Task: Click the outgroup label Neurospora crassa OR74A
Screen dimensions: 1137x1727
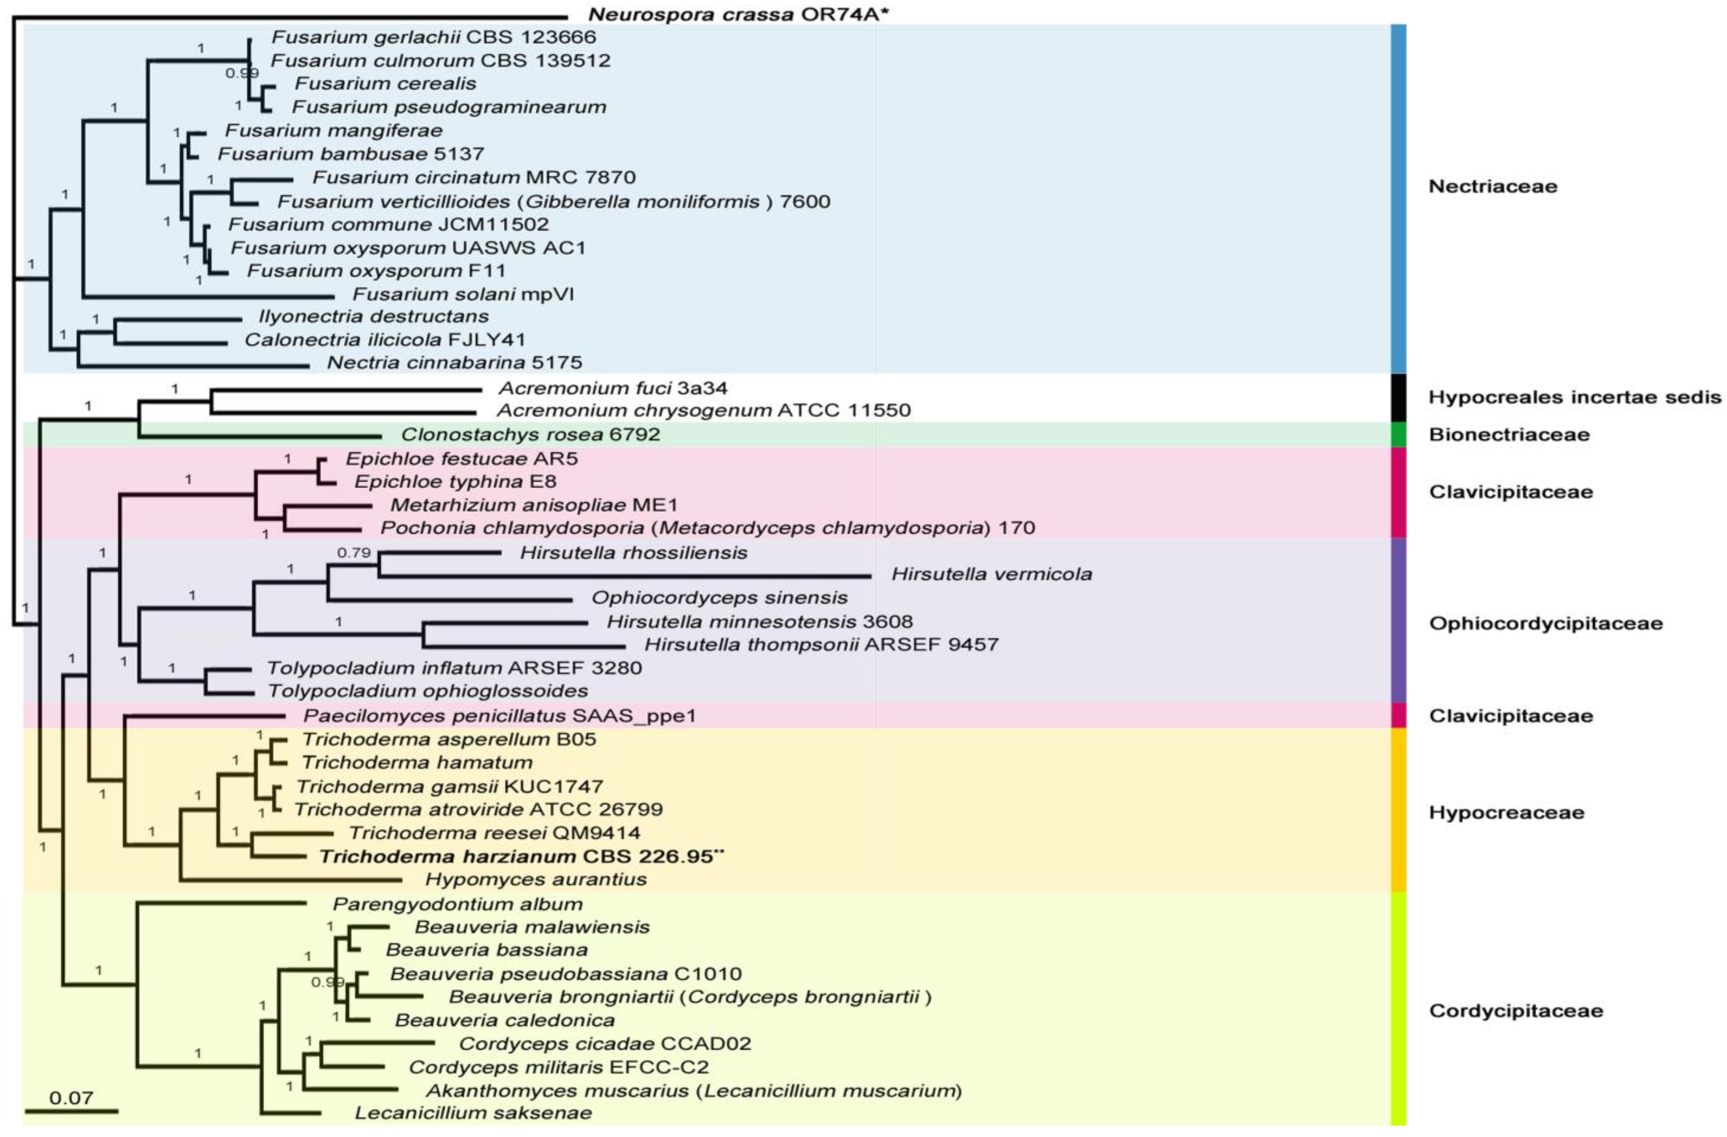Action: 737,14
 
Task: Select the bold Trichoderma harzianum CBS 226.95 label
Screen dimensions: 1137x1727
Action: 521,856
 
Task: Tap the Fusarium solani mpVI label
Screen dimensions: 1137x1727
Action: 463,294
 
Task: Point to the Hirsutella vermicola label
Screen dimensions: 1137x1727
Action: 991,574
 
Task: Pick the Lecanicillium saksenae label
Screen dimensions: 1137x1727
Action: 473,1112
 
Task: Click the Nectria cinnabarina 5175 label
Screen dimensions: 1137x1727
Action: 454,362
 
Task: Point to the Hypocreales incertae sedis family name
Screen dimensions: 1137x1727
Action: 1575,397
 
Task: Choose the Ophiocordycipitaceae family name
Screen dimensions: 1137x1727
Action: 1545,623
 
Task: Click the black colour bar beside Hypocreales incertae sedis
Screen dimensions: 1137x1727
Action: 1398,397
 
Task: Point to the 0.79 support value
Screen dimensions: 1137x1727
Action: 353,553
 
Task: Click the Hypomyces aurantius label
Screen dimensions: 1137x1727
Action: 536,879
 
